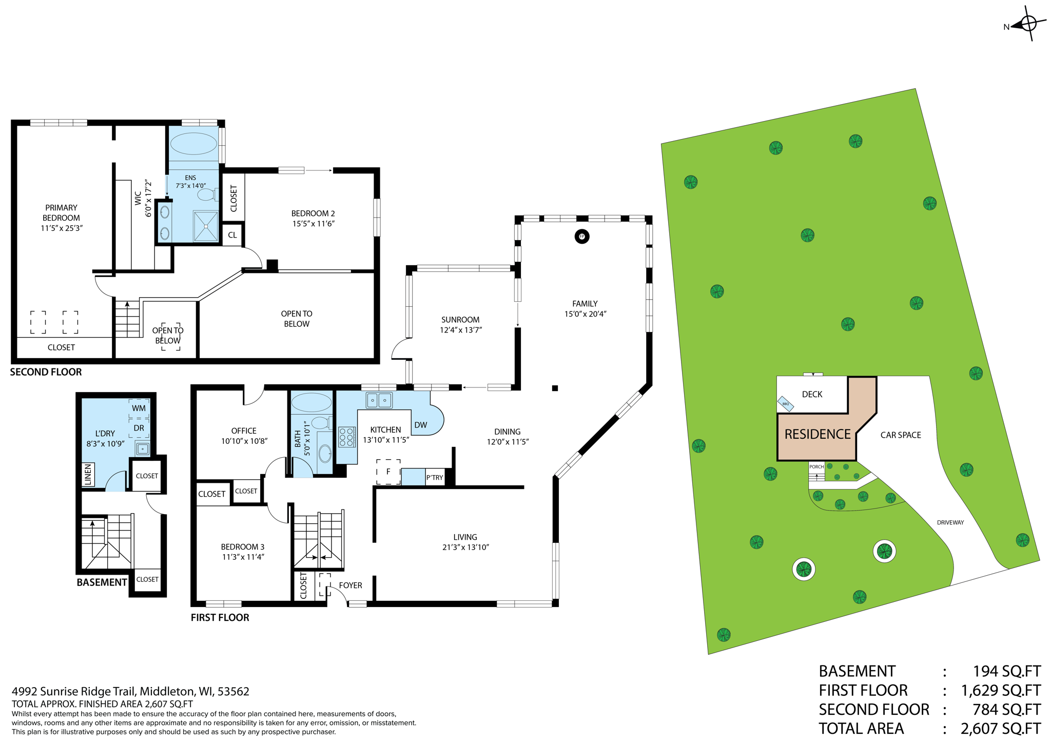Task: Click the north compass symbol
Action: click(1028, 24)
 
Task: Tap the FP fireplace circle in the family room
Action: click(581, 237)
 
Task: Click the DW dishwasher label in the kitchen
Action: click(420, 425)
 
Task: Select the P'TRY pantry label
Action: click(434, 478)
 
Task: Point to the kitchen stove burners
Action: click(346, 437)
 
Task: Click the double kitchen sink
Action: click(379, 400)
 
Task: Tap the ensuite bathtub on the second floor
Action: click(193, 144)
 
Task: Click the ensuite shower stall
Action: click(206, 226)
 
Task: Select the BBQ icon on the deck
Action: click(786, 404)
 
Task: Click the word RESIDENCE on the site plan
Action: click(818, 435)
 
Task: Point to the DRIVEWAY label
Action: click(950, 522)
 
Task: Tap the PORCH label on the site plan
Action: click(816, 467)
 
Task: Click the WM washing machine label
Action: click(139, 408)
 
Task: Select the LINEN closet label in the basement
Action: click(88, 475)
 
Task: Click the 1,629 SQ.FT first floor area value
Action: click(1001, 691)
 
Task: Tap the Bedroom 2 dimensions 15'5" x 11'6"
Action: click(313, 224)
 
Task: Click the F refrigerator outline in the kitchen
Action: click(388, 472)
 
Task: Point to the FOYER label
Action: click(351, 585)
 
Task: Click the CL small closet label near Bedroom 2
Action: click(232, 235)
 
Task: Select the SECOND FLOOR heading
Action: click(46, 372)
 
